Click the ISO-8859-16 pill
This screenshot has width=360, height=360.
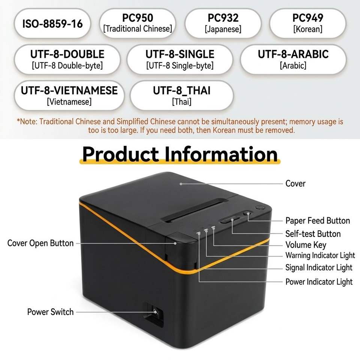coord(52,23)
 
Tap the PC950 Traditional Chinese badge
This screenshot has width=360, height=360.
coord(138,23)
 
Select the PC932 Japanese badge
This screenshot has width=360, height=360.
coord(223,23)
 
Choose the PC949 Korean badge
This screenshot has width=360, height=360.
coord(307,23)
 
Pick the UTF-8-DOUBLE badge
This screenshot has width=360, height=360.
coord(67,60)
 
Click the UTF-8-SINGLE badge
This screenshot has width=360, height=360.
coord(180,60)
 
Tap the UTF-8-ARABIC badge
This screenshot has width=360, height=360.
coord(293,60)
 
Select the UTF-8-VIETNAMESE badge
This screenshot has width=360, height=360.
coord(69,96)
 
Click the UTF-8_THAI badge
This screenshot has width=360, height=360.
coord(181,96)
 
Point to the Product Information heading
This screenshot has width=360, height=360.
coord(180,154)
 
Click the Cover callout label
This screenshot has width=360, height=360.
coord(295,184)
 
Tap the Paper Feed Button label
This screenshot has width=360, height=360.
coord(318,220)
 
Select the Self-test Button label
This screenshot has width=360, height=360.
coord(313,234)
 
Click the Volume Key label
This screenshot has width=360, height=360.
coord(306,245)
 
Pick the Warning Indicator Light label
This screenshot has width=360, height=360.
coord(320,255)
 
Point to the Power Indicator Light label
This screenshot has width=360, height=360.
coord(319,282)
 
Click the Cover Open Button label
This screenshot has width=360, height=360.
coord(40,243)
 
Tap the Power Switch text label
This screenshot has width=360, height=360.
coord(50,312)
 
